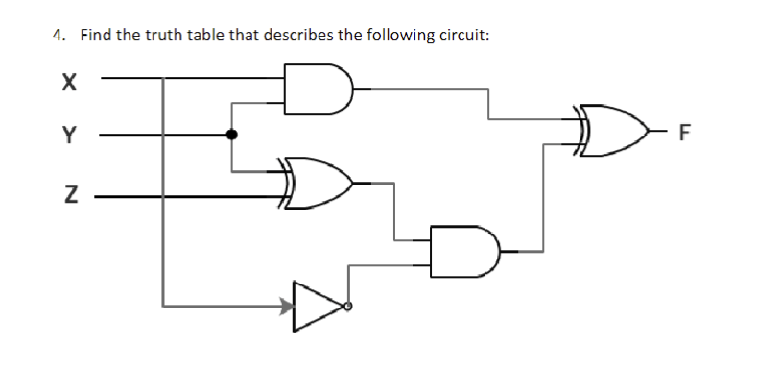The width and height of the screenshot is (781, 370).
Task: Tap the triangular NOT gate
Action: point(318,307)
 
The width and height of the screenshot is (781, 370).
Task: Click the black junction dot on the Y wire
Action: point(231,135)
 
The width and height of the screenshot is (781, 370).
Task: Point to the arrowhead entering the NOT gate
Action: point(285,307)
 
